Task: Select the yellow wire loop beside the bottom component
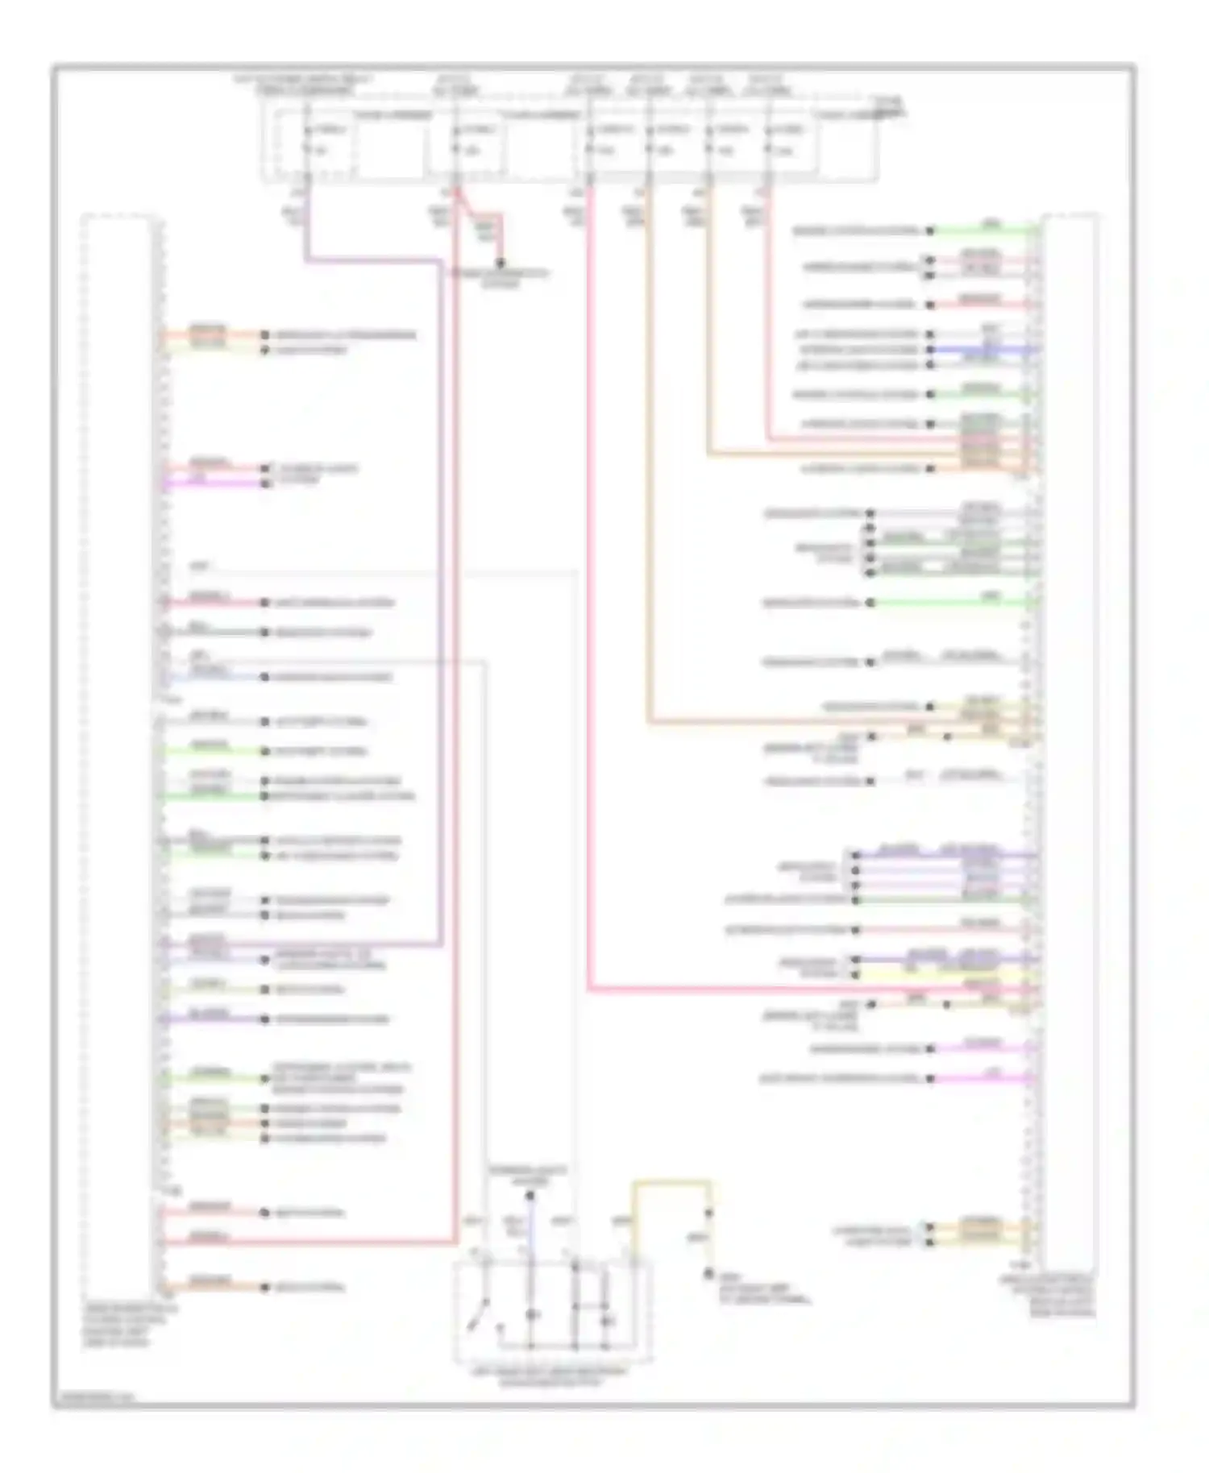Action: [x=671, y=1183]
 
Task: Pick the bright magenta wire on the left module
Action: [x=214, y=483]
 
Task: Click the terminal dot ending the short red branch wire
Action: [x=501, y=263]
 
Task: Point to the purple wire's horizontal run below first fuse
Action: [x=371, y=260]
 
